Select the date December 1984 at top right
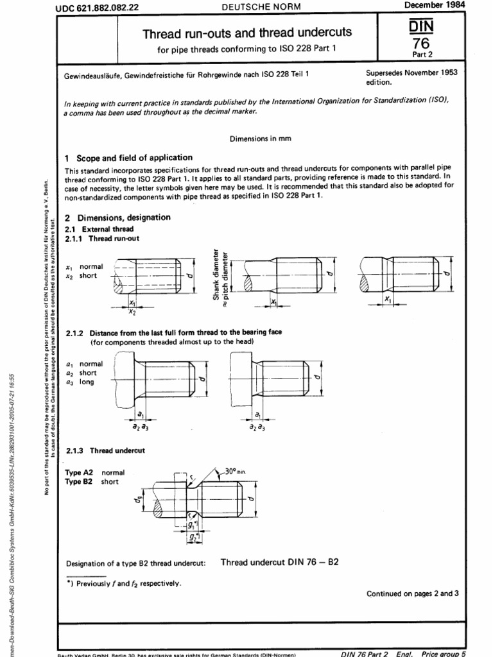pos(435,4)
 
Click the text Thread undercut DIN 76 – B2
pos(279,562)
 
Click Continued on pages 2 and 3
pos(412,593)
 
